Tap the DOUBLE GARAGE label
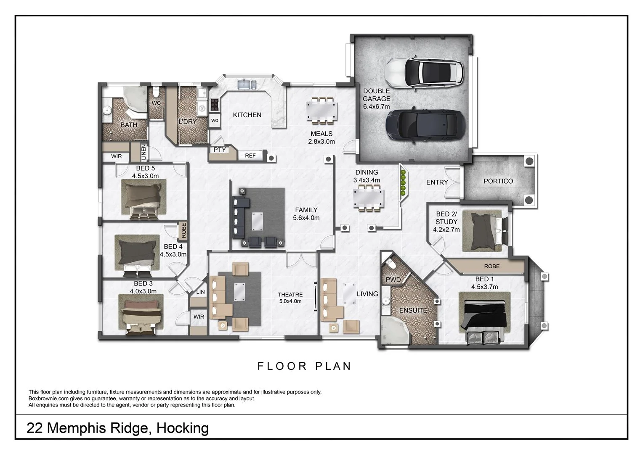click(x=377, y=99)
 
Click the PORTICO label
click(x=498, y=181)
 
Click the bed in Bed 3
click(x=141, y=314)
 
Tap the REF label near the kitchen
click(x=250, y=156)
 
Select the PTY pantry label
click(x=220, y=150)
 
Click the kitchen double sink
click(x=247, y=85)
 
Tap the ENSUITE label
click(x=413, y=310)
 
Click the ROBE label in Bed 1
click(x=492, y=266)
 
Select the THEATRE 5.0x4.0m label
click(x=290, y=298)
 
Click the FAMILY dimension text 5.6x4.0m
click(x=306, y=218)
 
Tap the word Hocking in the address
click(x=182, y=428)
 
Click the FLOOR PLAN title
click(x=304, y=366)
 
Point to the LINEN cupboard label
click(x=143, y=152)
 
